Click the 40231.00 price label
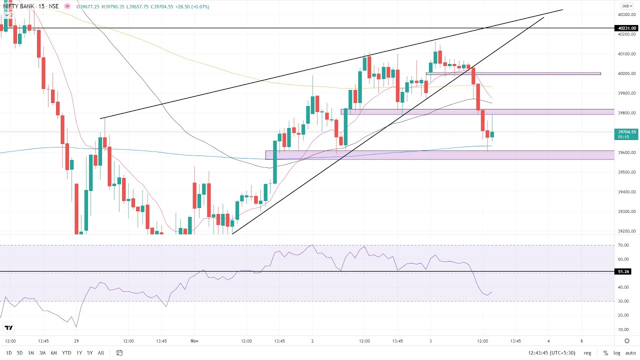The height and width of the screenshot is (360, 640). click(x=626, y=28)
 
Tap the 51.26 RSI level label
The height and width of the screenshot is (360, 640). click(x=623, y=271)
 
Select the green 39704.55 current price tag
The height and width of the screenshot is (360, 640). click(x=626, y=132)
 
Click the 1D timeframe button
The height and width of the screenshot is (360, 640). click(x=9, y=353)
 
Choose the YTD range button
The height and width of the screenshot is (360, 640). click(x=66, y=353)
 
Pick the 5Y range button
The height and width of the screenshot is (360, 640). click(x=89, y=353)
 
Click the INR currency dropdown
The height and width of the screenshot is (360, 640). click(x=627, y=6)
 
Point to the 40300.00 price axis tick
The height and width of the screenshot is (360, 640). click(x=626, y=14)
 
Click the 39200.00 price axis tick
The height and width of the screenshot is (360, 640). click(x=626, y=231)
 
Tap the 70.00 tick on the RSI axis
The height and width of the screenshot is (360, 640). click(x=623, y=245)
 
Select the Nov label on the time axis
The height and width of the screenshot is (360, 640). click(x=194, y=341)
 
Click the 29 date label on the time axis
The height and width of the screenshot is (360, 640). click(x=76, y=341)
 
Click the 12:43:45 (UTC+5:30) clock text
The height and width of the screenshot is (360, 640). click(x=552, y=353)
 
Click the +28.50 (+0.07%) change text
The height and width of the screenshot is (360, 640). click(x=190, y=7)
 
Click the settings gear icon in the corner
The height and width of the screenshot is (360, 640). click(x=627, y=341)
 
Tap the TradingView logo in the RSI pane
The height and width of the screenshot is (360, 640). click(x=8, y=328)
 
